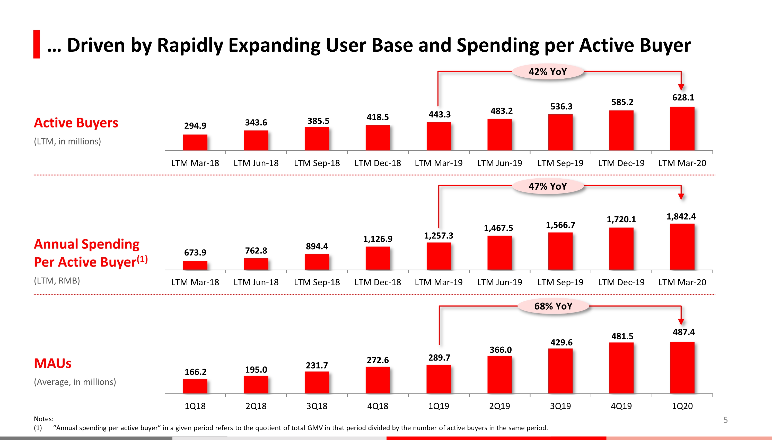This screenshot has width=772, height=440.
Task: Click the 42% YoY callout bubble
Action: coord(548,72)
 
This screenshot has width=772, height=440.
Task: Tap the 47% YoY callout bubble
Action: coord(548,186)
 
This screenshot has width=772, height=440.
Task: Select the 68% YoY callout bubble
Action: coord(553,306)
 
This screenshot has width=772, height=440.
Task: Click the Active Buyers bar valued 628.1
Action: coord(682,129)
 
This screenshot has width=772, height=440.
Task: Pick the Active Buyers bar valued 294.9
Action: coord(195,142)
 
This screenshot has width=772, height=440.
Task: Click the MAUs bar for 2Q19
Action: coord(499,375)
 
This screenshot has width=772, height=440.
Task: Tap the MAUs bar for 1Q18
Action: coord(195,386)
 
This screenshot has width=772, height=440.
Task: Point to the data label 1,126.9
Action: coord(378,239)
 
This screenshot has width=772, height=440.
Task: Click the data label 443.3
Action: coord(439,115)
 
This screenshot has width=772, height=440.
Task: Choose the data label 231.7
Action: coord(317,365)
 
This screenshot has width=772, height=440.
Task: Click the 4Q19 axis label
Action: coord(621,406)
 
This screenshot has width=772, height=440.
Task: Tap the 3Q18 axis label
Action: coord(317,406)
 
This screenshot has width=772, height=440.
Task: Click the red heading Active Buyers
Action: coord(76,123)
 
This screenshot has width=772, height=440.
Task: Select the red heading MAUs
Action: coord(53,363)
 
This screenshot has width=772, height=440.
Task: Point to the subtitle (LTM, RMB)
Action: coord(57,280)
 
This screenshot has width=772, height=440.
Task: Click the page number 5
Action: coord(725,420)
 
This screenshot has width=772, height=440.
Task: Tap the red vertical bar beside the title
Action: coord(37,44)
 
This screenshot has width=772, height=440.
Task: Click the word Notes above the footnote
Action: coord(43,419)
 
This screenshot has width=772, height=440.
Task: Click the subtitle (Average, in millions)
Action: coord(75,382)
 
